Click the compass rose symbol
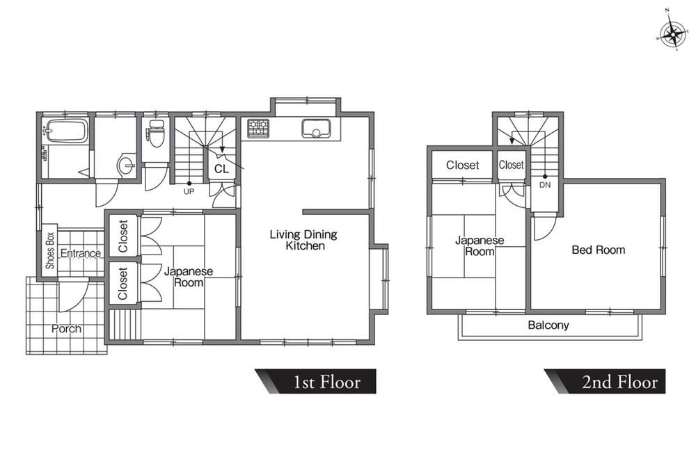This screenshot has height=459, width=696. pos(673,33)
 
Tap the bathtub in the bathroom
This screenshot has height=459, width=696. pos(67,131)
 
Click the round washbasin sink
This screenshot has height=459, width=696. pos(127,166)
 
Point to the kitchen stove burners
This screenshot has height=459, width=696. pos(258,128)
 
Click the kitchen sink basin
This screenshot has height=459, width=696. pos(315,129)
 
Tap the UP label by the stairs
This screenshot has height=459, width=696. pos(189,191)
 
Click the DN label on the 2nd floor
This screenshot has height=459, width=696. pos(545,185)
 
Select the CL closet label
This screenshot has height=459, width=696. pos(221,169)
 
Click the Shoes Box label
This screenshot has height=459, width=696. pos(50,250)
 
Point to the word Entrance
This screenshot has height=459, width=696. pos(80,253)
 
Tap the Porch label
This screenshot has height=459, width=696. pos(66,329)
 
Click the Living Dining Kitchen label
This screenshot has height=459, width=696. pos(304,240)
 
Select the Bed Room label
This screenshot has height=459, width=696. pos(599,250)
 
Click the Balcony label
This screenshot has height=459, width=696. pos(548,325)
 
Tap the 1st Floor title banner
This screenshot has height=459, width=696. pos(316,381)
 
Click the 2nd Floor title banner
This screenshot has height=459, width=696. pos(606,381)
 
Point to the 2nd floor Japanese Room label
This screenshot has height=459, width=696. pos(480,246)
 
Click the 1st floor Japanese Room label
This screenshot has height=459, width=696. pos(189,277)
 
